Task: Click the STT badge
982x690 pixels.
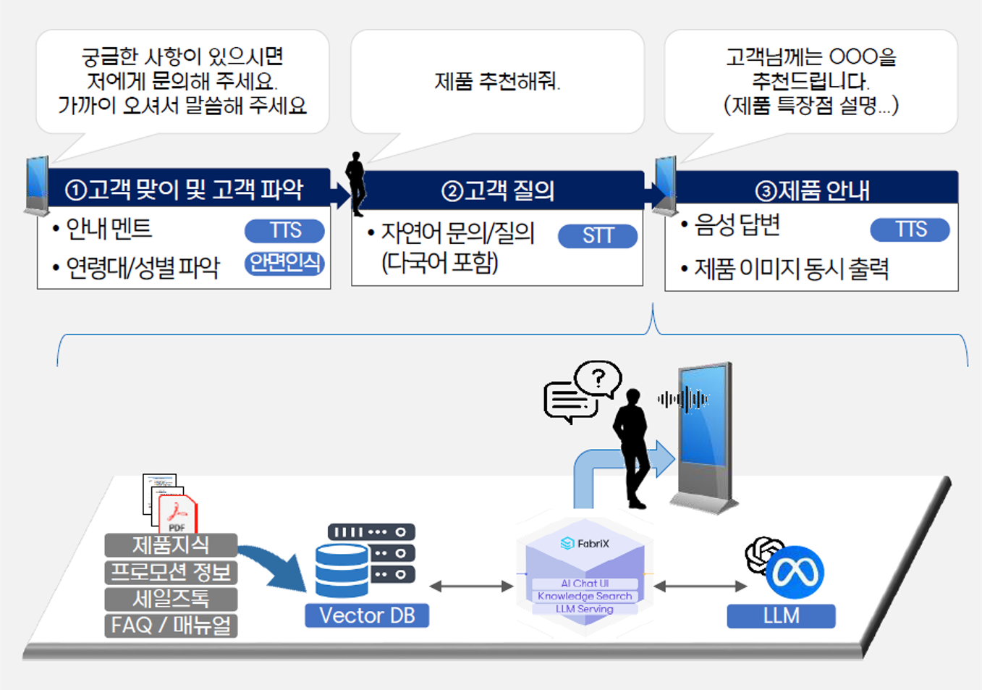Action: [x=598, y=236]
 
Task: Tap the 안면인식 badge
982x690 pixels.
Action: [x=284, y=264]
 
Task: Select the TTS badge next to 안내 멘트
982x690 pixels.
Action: [x=284, y=231]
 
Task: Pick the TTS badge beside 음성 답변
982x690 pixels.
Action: [x=910, y=230]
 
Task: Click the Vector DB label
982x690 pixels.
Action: [x=367, y=615]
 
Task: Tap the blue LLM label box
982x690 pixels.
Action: [x=782, y=616]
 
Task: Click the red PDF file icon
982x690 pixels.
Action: [x=177, y=514]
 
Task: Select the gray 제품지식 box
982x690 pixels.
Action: [x=171, y=544]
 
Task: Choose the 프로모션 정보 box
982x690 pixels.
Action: [x=171, y=572]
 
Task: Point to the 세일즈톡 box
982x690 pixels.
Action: [x=171, y=599]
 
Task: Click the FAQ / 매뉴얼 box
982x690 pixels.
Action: [x=171, y=626]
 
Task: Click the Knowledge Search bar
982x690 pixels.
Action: [x=585, y=596]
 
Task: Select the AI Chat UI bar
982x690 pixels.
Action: [x=585, y=584]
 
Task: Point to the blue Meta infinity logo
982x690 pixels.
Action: [x=795, y=572]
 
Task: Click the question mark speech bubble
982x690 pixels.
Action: [x=598, y=379]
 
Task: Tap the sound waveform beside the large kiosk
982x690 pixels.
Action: [x=683, y=400]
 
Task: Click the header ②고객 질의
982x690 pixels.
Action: [x=498, y=191]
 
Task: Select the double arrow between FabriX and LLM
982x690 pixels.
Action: [x=700, y=586]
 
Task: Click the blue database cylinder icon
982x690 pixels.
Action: [x=342, y=571]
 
